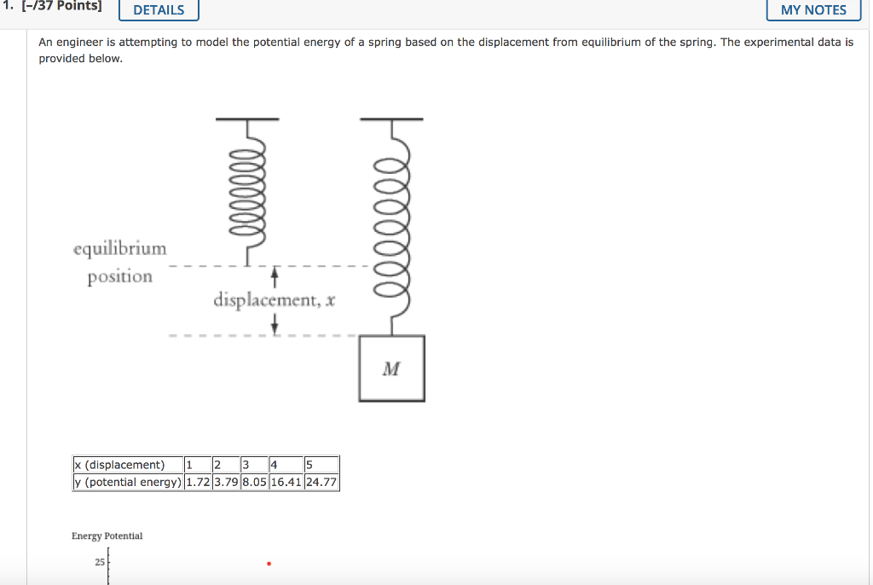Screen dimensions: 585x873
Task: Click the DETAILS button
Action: click(159, 10)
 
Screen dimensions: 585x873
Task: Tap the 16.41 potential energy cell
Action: click(286, 482)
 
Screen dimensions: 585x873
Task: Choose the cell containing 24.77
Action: click(321, 482)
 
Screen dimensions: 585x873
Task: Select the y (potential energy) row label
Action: click(127, 482)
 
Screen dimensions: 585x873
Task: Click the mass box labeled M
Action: click(391, 368)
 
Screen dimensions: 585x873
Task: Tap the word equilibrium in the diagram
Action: click(120, 249)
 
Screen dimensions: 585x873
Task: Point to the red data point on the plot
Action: click(269, 564)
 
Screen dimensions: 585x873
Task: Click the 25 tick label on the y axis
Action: click(100, 563)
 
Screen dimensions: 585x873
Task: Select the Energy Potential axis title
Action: click(107, 536)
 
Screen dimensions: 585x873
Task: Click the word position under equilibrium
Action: click(119, 277)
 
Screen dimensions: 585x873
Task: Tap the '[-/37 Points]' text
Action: click(58, 8)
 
